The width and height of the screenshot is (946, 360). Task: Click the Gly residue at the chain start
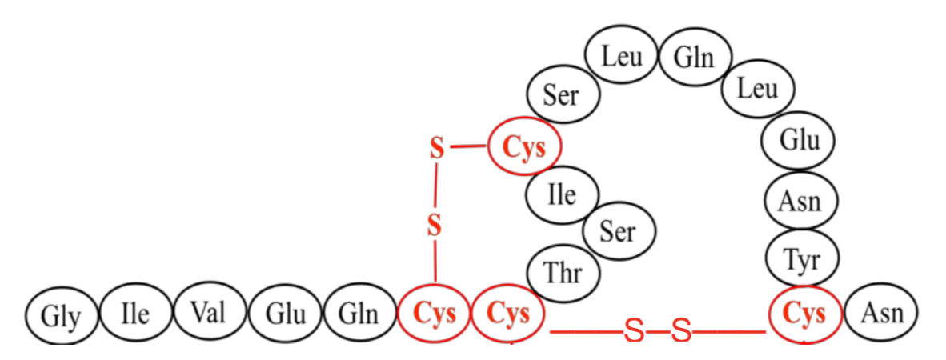61,316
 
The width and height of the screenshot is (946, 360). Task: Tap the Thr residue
563,272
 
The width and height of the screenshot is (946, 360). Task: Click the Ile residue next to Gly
135,314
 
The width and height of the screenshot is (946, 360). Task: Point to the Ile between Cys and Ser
562,194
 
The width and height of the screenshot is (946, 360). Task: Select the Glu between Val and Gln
286,314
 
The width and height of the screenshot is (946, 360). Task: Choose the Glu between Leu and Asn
800,142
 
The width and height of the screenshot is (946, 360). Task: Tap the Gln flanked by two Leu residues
693,58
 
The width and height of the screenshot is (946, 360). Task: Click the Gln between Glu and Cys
360,314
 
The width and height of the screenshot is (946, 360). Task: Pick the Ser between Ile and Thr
617,231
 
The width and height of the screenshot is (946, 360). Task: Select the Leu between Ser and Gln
621,56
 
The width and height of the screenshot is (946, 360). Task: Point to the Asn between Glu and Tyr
800,200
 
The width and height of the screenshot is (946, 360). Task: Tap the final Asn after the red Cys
881,314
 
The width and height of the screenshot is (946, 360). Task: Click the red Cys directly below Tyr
804,314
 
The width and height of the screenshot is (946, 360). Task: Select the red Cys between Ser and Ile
524,147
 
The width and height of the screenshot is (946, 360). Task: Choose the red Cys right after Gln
435,314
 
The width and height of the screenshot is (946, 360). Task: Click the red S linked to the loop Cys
436,148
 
